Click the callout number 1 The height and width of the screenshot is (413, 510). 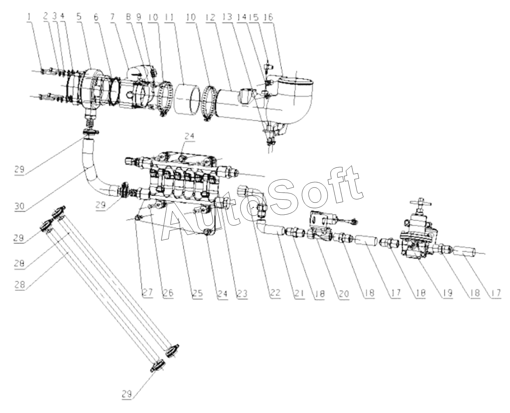point(29,17)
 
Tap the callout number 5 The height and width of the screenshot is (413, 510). point(79,17)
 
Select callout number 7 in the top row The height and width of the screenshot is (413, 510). point(112,17)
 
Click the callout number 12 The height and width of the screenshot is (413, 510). point(210,17)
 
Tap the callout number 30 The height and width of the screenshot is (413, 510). point(19,205)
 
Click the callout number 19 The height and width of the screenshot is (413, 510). point(447,293)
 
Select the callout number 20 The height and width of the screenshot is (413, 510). point(343,293)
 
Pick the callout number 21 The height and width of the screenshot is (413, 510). point(299,293)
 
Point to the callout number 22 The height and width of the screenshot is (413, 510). point(275,293)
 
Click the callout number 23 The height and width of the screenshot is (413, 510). point(242,293)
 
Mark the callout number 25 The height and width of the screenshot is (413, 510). point(198,293)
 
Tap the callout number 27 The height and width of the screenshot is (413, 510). point(148,293)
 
